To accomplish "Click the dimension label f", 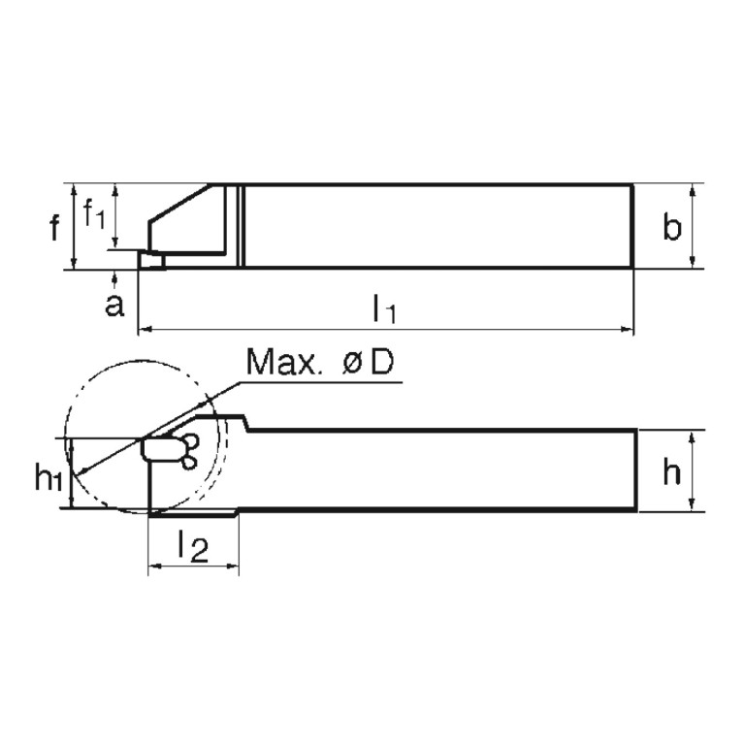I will [55, 229].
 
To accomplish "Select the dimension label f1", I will [94, 212].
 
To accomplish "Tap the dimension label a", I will [114, 306].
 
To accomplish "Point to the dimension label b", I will [671, 228].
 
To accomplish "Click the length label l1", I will [385, 310].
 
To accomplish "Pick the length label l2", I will [193, 548].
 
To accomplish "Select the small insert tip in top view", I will [150, 259].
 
